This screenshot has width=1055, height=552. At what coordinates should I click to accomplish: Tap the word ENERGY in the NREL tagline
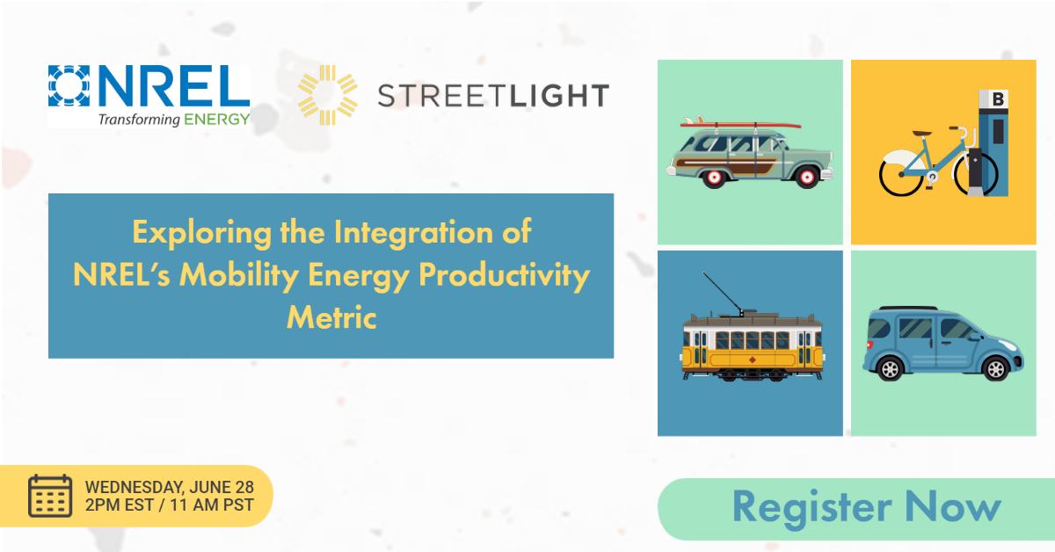coord(217,119)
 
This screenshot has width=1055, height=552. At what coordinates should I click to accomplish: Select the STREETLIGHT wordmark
coord(493,95)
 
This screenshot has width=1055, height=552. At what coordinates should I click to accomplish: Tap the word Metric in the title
coord(331,316)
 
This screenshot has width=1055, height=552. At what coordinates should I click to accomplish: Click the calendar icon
coord(50,496)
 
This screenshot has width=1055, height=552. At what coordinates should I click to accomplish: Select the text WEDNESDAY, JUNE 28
coord(170,487)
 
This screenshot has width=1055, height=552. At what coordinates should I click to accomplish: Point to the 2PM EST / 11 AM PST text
coord(170,505)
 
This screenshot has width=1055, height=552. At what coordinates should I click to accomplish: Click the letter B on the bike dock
coord(997,100)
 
